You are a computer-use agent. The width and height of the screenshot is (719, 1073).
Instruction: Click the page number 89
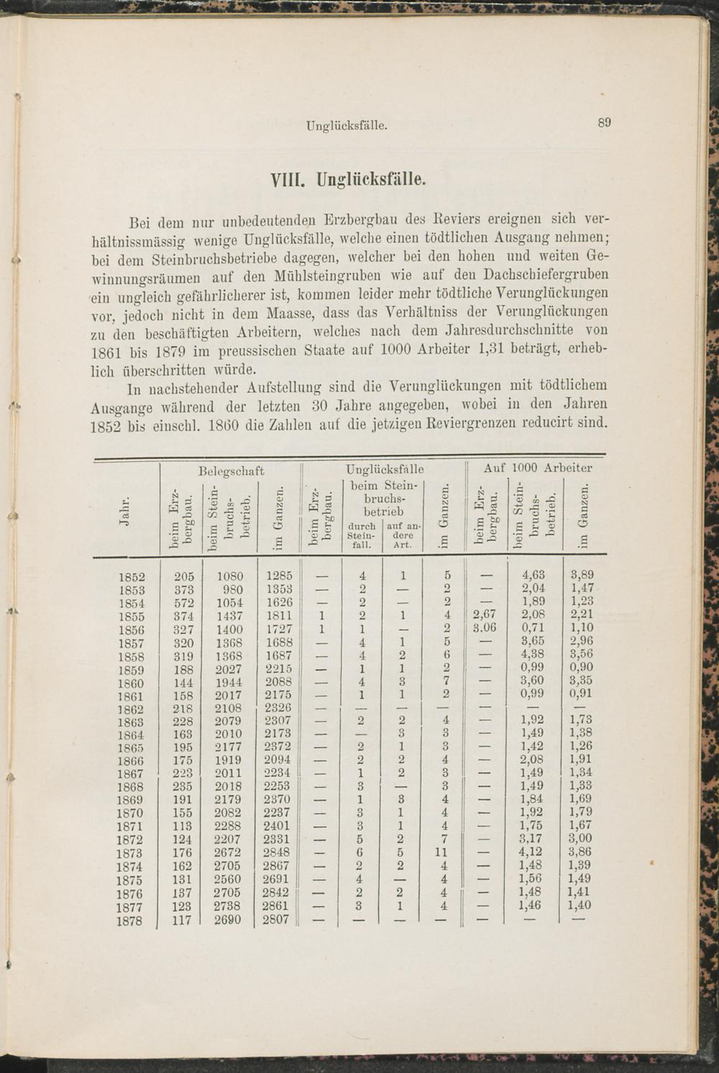[x=605, y=123]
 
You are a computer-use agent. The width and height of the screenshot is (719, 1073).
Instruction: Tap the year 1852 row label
[x=130, y=576]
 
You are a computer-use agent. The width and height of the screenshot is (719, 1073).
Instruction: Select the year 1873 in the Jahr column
[x=129, y=853]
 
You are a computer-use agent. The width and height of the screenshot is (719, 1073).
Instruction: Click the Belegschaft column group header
[x=231, y=471]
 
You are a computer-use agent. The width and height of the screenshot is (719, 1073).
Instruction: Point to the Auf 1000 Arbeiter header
[x=538, y=468]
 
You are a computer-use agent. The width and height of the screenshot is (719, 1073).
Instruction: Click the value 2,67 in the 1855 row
[x=485, y=614]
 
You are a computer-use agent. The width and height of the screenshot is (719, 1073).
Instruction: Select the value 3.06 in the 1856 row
[x=485, y=627]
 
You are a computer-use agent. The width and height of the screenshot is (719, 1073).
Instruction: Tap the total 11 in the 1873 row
[x=443, y=852]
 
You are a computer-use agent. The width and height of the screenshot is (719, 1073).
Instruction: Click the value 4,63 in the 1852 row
[x=533, y=575]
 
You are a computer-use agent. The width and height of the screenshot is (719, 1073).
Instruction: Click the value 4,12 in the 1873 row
[x=531, y=852]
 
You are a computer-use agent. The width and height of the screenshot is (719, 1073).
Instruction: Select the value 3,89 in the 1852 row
[x=582, y=575]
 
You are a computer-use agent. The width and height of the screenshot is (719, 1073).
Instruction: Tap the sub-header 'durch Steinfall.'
[x=362, y=535]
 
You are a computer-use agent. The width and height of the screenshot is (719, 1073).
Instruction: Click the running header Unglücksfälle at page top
[x=347, y=126]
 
